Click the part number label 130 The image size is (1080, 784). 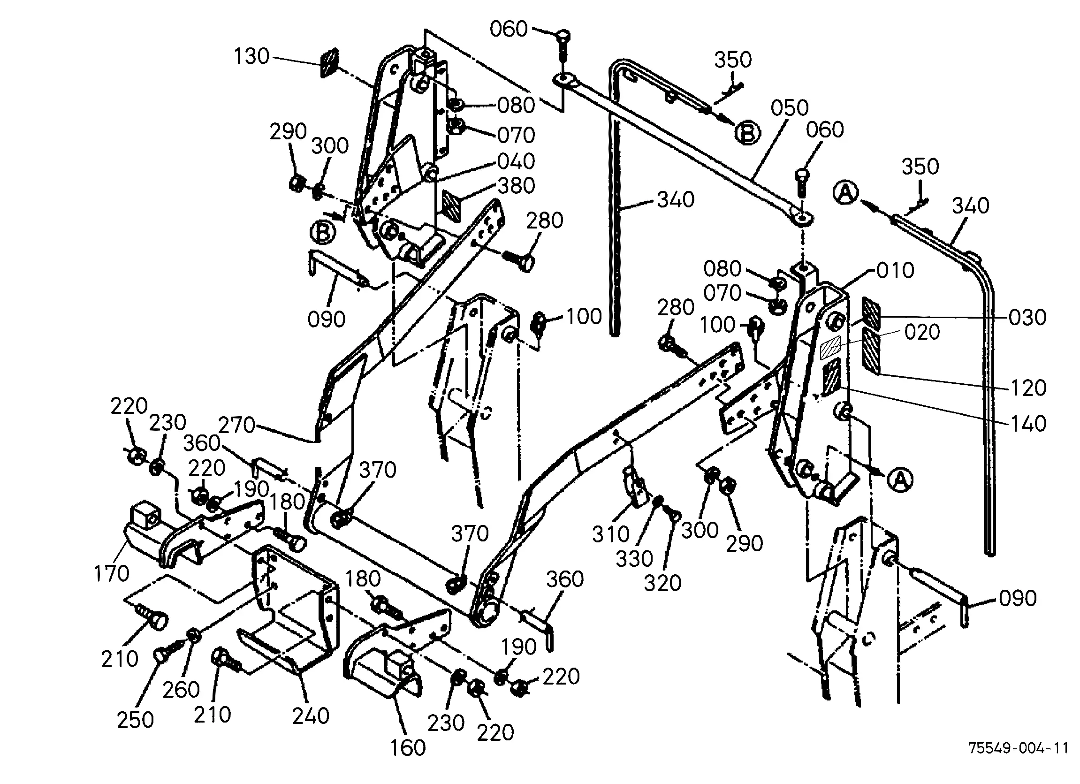(251, 57)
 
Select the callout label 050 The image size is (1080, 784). (790, 108)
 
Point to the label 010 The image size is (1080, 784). (895, 271)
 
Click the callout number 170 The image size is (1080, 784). (112, 573)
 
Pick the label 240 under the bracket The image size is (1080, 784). (311, 715)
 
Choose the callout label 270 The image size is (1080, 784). (236, 425)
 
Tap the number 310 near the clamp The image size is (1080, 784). (611, 534)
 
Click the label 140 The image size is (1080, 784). (1027, 424)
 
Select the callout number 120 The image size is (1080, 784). (1027, 388)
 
